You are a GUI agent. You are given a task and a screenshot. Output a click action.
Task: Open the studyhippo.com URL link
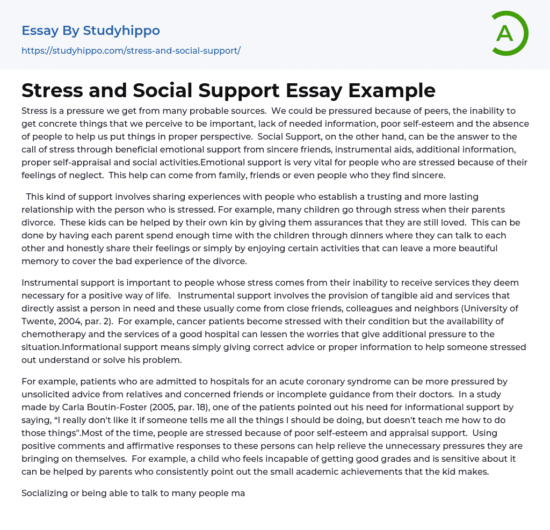131,50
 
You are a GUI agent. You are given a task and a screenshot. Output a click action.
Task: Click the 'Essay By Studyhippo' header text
91,31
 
